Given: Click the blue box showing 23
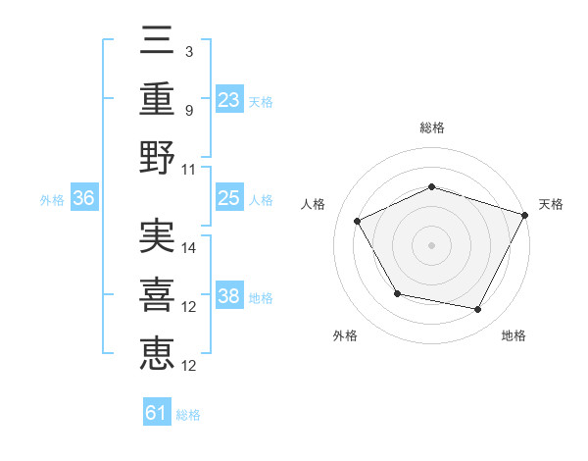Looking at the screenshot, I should (x=228, y=99).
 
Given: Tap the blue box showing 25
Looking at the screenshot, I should (x=228, y=199).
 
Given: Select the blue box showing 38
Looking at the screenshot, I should (x=228, y=297).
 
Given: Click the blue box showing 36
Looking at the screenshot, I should (x=83, y=199).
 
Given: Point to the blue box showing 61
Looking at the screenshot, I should (x=157, y=413).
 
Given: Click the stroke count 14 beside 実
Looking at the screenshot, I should (x=190, y=248).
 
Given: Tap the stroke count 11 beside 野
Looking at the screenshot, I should (x=190, y=169).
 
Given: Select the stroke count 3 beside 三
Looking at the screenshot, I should (x=188, y=50).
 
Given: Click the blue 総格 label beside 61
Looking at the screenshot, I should (x=188, y=415).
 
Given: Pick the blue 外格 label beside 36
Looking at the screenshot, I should (x=52, y=200).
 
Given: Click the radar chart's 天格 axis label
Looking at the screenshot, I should (x=551, y=204).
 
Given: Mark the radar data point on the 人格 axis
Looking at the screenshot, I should (x=358, y=222).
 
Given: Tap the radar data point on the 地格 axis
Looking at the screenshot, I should (x=477, y=310).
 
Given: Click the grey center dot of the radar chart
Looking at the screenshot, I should (x=431, y=244).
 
